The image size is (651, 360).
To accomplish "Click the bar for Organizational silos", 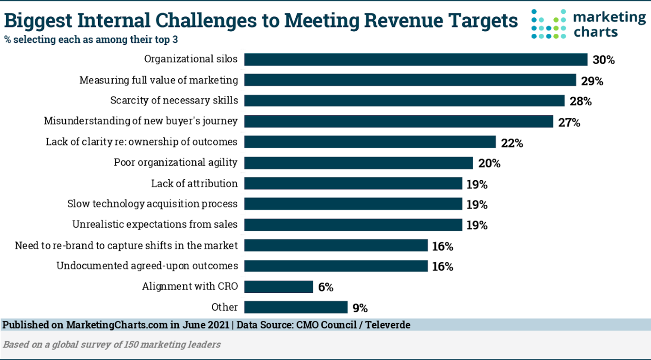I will pyautogui.click(x=416, y=59).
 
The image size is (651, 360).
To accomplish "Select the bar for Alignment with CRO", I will pyautogui.click(x=278, y=287).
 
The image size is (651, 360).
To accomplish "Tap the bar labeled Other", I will pyautogui.click(x=296, y=308).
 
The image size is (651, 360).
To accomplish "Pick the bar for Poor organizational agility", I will pyautogui.click(x=359, y=163).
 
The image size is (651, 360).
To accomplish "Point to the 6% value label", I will pyautogui.click(x=325, y=287).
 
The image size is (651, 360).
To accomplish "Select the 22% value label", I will pyautogui.click(x=512, y=143).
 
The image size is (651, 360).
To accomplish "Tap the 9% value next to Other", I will pyautogui.click(x=360, y=308).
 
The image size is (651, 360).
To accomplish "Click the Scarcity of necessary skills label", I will pyautogui.click(x=174, y=100).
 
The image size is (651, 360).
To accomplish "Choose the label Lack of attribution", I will pyautogui.click(x=194, y=183).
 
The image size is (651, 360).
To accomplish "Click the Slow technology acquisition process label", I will pyautogui.click(x=152, y=204).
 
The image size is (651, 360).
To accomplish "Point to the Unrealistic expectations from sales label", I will pyautogui.click(x=155, y=224).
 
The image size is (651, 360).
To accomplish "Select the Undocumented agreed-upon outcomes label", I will pyautogui.click(x=147, y=266).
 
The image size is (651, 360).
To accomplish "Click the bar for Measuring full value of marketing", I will pyautogui.click(x=410, y=80).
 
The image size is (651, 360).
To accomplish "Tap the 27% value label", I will pyautogui.click(x=568, y=123).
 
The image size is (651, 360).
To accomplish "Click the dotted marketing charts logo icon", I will pyautogui.click(x=548, y=24).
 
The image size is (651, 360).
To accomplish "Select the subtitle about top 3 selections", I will pyautogui.click(x=92, y=40).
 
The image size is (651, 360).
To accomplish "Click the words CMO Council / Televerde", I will pyautogui.click(x=354, y=325).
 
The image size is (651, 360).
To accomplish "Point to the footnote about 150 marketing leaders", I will pyautogui.click(x=112, y=344).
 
